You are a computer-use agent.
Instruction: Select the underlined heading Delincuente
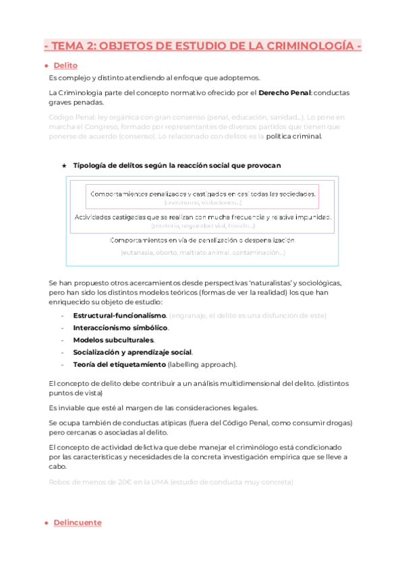(78, 523)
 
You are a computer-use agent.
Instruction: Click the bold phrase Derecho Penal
(285, 92)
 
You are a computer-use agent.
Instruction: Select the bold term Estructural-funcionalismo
(119, 316)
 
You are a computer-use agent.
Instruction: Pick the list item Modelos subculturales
(113, 340)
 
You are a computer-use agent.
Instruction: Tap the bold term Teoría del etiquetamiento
(119, 364)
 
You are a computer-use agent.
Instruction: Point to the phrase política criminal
(294, 136)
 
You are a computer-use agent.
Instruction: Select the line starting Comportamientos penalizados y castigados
(202, 194)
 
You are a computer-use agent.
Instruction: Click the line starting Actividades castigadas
(202, 217)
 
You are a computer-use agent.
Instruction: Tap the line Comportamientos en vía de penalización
(202, 240)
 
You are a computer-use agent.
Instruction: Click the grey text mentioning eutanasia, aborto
(202, 252)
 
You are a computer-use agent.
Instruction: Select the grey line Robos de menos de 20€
(171, 482)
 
